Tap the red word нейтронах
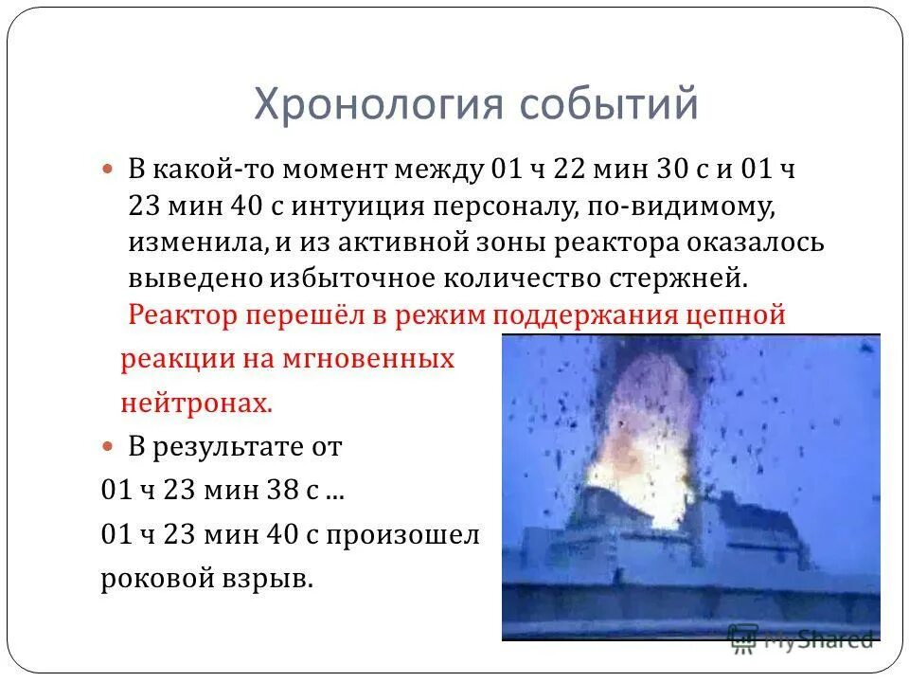coord(196,404)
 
